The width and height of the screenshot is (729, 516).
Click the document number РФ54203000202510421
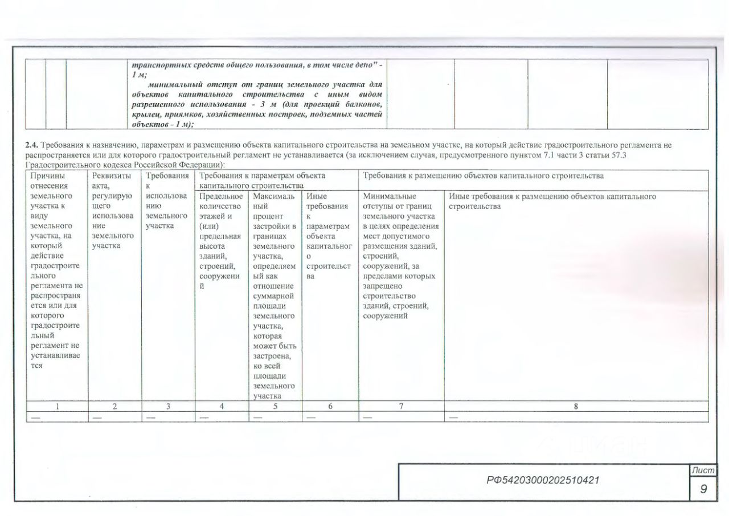tap(543, 481)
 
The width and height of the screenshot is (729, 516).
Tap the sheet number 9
tap(704, 489)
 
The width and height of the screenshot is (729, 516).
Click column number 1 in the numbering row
tap(57, 406)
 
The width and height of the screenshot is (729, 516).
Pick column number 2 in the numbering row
tap(115, 406)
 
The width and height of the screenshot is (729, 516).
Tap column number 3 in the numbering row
tap(168, 406)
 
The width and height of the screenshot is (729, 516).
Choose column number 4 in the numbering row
tap(222, 406)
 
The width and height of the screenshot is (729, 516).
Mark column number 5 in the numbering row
tap(275, 406)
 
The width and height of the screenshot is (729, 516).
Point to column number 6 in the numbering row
tap(330, 406)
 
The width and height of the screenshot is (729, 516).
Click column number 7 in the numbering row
tap(401, 406)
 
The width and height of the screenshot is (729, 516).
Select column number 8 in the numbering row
tap(576, 406)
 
